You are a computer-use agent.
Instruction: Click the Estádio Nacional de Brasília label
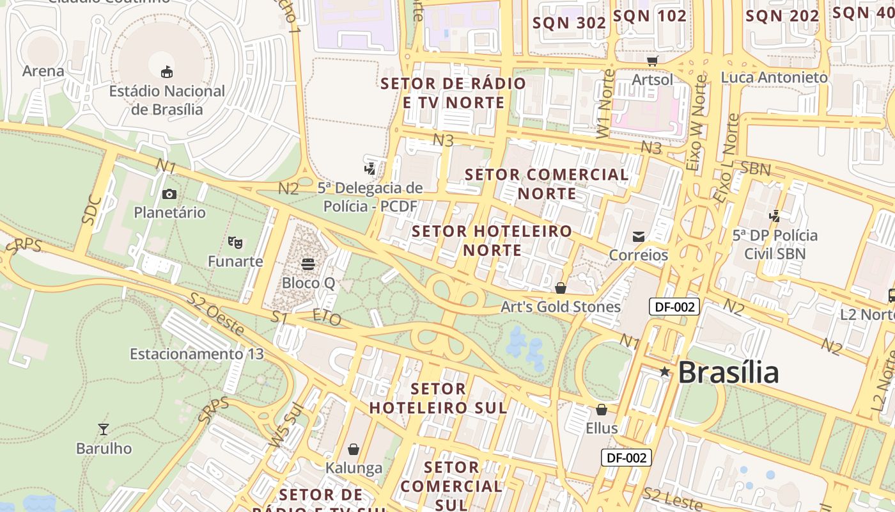(167, 100)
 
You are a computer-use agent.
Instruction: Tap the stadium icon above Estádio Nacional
(167, 72)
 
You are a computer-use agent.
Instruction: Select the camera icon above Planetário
(169, 194)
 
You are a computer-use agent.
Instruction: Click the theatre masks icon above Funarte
(235, 243)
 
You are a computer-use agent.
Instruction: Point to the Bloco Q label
(308, 282)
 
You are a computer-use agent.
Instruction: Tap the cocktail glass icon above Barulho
(103, 429)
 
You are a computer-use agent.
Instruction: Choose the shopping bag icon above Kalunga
(354, 450)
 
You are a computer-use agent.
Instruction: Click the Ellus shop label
(602, 428)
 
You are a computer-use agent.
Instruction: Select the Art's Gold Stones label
(560, 307)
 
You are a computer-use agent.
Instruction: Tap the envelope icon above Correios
(638, 237)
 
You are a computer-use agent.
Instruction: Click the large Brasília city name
(728, 372)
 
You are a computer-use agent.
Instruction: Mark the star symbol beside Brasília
(665, 371)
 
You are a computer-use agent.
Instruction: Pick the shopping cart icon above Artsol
(652, 61)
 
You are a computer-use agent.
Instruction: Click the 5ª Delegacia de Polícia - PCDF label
(370, 197)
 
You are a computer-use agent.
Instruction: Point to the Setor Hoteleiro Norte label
(492, 240)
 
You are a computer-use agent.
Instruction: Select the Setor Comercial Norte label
(547, 184)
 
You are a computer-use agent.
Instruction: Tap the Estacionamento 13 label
(196, 354)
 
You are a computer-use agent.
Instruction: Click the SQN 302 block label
(569, 22)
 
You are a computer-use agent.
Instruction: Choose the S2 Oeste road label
(215, 314)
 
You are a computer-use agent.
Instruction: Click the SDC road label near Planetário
(92, 209)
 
